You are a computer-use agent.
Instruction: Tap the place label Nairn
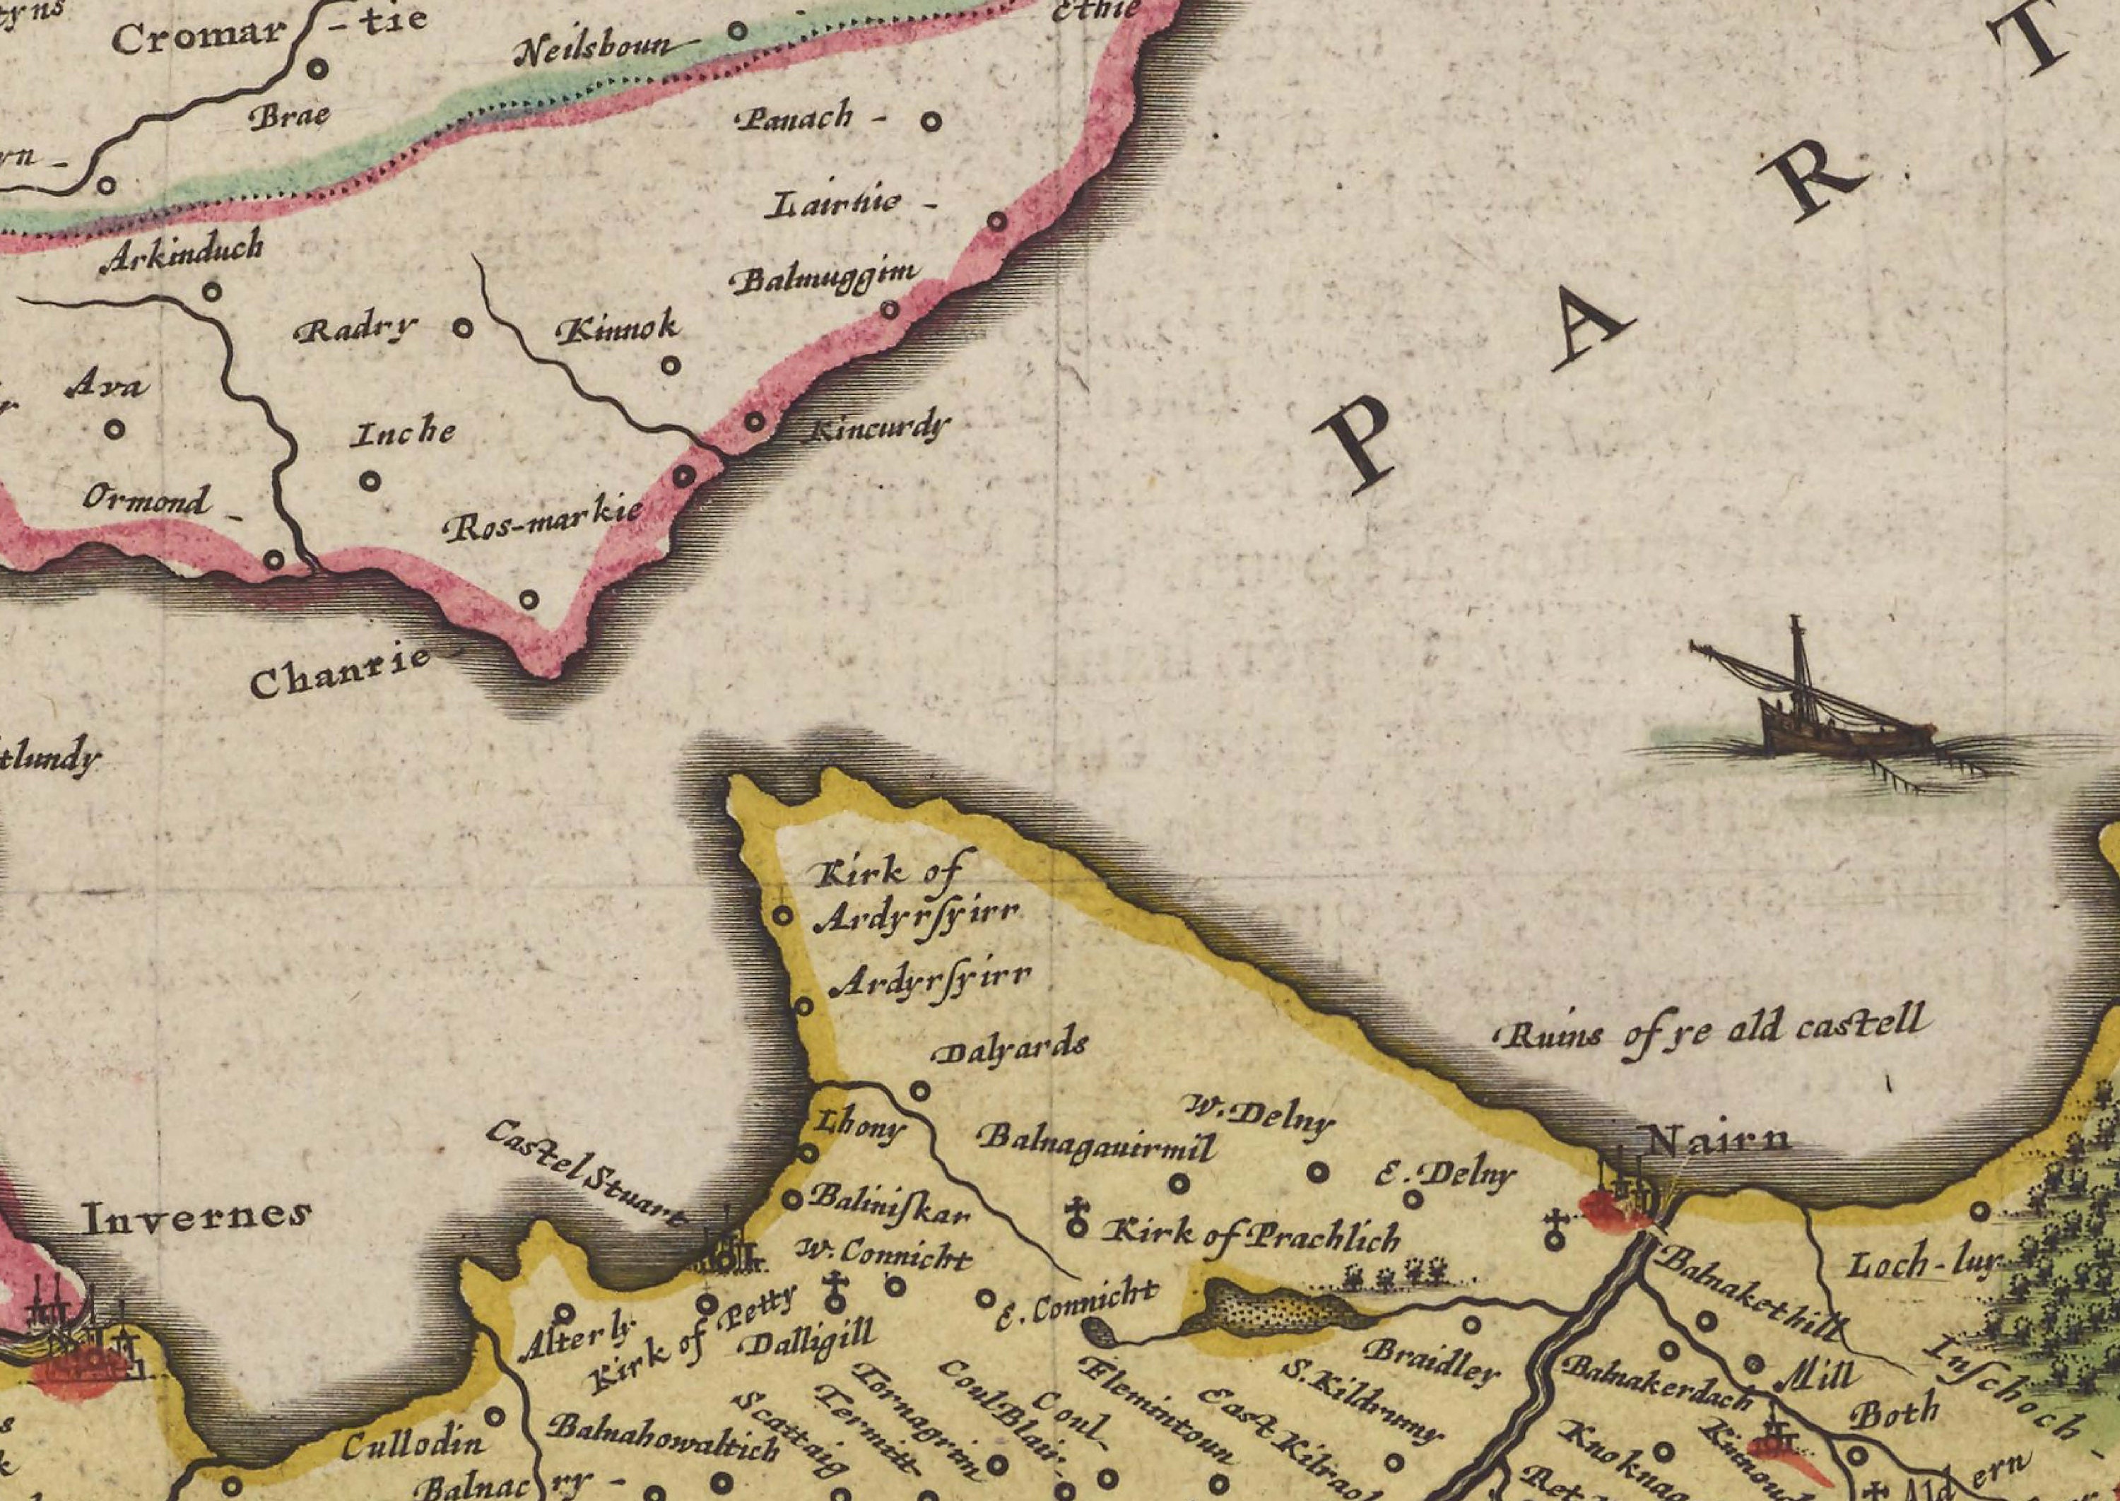pyautogui.click(x=1718, y=1140)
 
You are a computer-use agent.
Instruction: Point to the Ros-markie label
pyautogui.click(x=543, y=523)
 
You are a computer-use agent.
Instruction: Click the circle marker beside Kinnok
pyautogui.click(x=671, y=365)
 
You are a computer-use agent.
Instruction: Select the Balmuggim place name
pyautogui.click(x=825, y=277)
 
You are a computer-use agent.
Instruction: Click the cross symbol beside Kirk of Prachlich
pyautogui.click(x=1076, y=1217)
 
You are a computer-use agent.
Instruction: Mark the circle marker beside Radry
pyautogui.click(x=463, y=328)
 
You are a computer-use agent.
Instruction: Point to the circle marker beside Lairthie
pyautogui.click(x=997, y=221)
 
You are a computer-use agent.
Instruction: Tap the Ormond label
pyautogui.click(x=148, y=500)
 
